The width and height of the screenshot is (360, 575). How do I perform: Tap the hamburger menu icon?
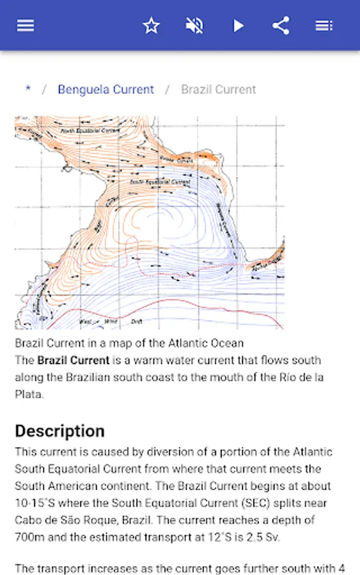(x=26, y=26)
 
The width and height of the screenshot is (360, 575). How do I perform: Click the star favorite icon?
(x=151, y=26)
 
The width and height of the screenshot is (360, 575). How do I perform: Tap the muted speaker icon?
(x=194, y=26)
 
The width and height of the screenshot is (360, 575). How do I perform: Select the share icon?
(x=281, y=26)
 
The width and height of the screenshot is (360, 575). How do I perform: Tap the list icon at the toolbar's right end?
(x=324, y=26)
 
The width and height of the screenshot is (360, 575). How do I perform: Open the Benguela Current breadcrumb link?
(x=106, y=89)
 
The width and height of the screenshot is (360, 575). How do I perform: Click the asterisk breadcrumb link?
(x=27, y=89)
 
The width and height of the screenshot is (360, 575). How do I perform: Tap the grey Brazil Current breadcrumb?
(x=218, y=89)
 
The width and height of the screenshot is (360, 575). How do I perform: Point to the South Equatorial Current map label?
(x=160, y=182)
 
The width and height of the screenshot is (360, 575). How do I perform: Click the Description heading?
(x=59, y=431)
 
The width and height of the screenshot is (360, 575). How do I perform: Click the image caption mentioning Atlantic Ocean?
(x=129, y=343)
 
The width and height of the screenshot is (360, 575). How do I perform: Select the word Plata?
(x=29, y=394)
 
